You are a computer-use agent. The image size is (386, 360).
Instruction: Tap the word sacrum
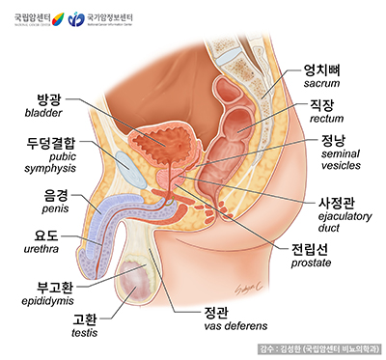tap(324, 85)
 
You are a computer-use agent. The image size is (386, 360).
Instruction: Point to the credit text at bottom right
tap(318, 347)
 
